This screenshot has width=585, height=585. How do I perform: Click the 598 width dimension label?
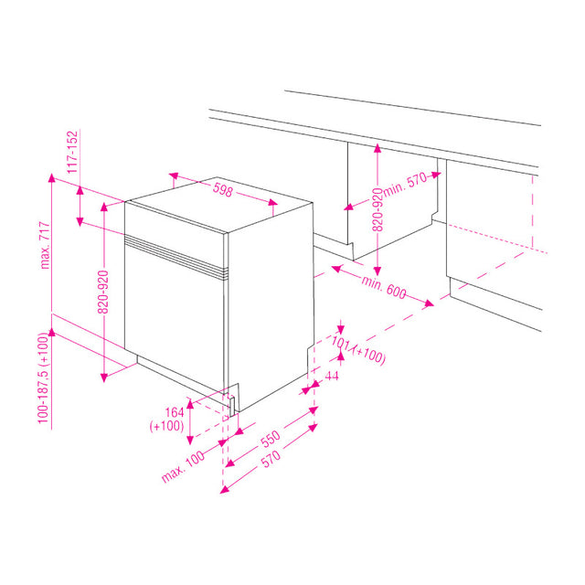(223, 190)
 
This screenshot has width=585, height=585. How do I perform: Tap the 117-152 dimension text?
(72, 152)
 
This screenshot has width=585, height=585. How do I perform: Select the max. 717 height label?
(45, 245)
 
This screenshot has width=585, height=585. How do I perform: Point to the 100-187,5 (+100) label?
(43, 378)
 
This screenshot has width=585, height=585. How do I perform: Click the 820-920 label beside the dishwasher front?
(102, 292)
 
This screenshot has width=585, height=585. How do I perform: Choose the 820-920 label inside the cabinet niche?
(378, 209)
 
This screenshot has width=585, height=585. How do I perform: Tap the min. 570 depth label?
(405, 184)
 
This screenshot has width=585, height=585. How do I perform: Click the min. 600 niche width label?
(384, 287)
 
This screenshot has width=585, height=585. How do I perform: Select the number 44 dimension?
(332, 376)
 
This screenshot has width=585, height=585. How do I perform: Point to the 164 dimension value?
(175, 412)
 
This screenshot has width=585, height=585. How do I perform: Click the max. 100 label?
(183, 466)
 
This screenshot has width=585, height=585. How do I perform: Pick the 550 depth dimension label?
(271, 439)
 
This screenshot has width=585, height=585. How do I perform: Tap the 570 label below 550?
(271, 459)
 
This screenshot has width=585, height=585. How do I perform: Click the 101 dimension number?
(341, 342)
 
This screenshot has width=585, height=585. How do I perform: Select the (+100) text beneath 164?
(166, 426)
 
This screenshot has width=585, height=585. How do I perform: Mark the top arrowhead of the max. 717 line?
(51, 177)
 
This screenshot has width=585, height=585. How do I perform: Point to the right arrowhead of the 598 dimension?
(273, 203)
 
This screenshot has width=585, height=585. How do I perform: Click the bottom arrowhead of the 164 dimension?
(190, 441)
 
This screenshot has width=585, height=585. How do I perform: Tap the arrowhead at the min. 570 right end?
(437, 175)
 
